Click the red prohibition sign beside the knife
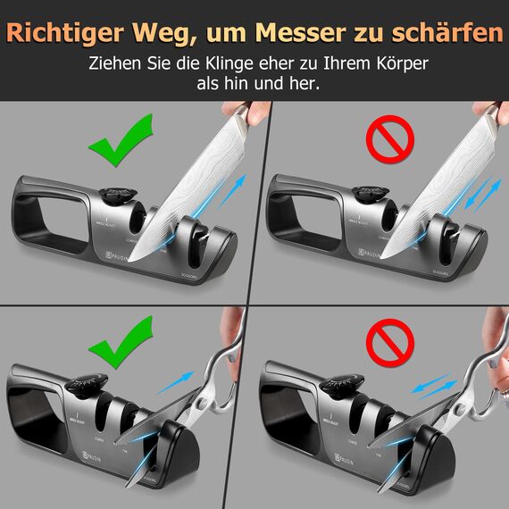tap(384, 140)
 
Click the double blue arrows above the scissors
tap(431, 385)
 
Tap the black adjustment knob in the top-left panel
tap(113, 196)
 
